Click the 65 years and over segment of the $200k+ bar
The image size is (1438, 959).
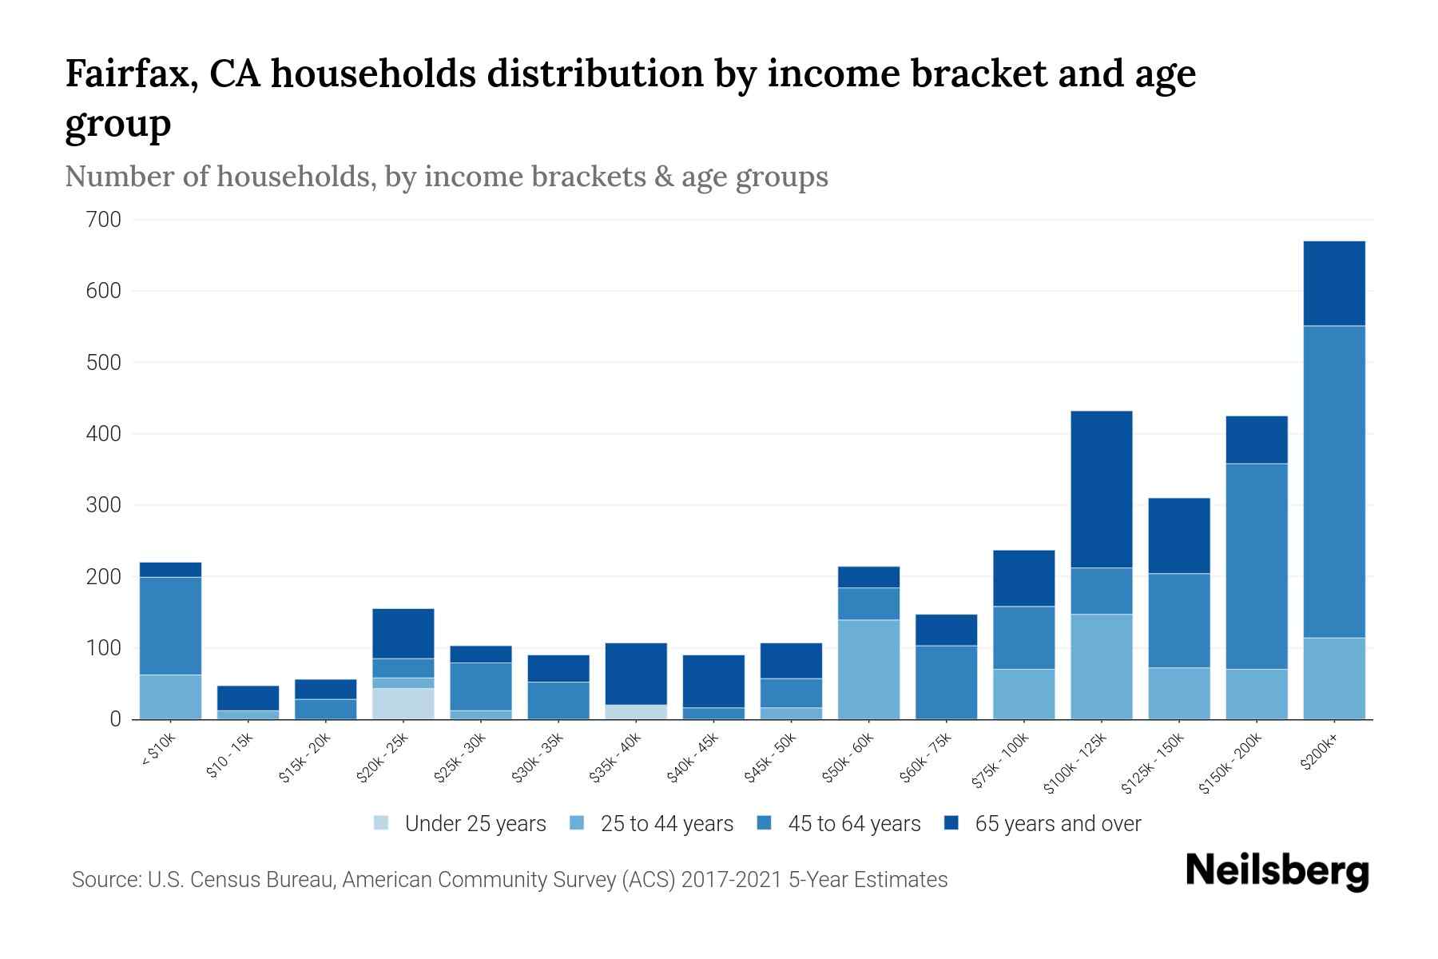[1333, 283]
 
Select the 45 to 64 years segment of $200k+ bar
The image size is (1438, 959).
[1333, 481]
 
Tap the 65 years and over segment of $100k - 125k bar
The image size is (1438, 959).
[1101, 489]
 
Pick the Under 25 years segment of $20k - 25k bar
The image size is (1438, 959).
[403, 703]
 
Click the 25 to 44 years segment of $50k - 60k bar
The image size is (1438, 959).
[868, 669]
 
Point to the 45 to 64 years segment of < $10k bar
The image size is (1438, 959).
[170, 626]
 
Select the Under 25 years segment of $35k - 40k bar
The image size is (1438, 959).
[636, 711]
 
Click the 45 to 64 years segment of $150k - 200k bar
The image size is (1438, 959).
[1256, 566]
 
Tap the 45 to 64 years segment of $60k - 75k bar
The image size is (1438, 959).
[946, 682]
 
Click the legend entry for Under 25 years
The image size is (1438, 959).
[475, 824]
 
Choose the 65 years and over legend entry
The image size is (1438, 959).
[1057, 824]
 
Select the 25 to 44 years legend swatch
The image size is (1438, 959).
[577, 823]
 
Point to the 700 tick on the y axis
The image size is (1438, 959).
[104, 220]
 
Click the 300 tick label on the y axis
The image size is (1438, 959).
[104, 505]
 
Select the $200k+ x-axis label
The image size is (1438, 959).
[1318, 753]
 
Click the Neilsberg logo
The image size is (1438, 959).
[1277, 871]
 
